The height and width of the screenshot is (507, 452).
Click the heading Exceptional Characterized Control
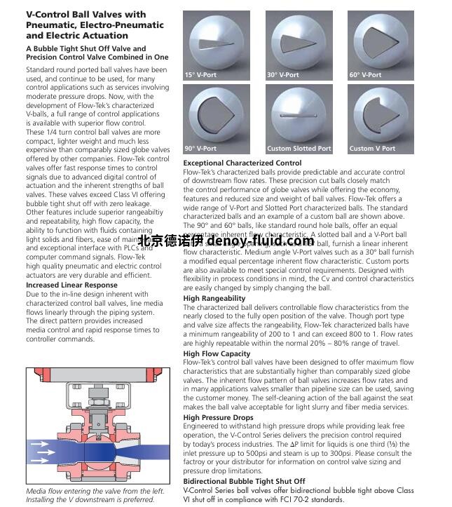tap(242, 163)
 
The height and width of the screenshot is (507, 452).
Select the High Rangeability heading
tap(214, 299)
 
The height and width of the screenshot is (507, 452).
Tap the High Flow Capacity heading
tap(217, 354)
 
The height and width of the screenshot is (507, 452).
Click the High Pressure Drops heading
tap(218, 417)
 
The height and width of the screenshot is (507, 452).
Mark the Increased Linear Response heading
tap(71, 285)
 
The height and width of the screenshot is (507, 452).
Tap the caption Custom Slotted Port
tap(299, 149)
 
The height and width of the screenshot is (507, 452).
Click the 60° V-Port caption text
tap(366, 75)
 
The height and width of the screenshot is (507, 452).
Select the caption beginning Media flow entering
tap(90, 491)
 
